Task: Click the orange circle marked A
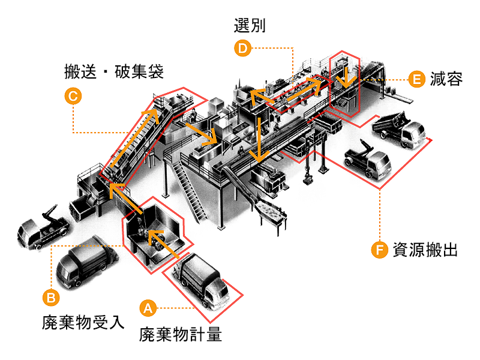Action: coord(148,308)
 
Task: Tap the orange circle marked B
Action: coord(52,296)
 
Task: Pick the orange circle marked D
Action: coord(242,48)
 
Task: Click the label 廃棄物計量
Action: coord(181,334)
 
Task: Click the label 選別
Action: coord(250,25)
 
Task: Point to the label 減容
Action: coord(446,79)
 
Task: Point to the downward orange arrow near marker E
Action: coord(344,77)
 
